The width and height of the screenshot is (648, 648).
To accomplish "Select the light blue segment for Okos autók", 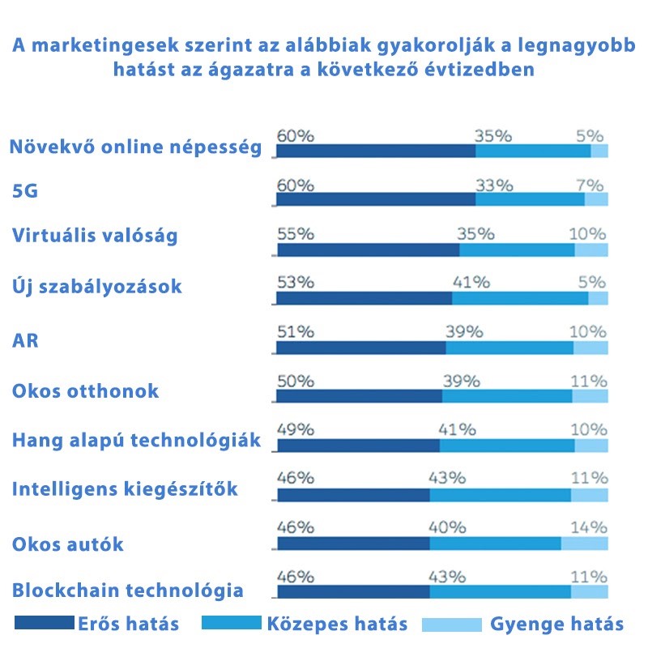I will pyautogui.click(x=584, y=543).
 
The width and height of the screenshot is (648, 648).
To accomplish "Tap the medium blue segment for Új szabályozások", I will pyautogui.click(x=519, y=298).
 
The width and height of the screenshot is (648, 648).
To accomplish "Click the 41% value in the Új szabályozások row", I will pyautogui.click(x=471, y=283).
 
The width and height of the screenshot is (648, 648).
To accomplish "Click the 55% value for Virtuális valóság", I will pyautogui.click(x=295, y=234).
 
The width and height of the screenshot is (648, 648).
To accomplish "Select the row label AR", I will pyautogui.click(x=26, y=339).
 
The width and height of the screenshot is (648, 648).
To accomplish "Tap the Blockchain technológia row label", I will pyautogui.click(x=128, y=590).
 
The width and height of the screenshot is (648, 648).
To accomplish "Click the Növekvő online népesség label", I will pyautogui.click(x=135, y=147).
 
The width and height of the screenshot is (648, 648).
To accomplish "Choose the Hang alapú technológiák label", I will pyautogui.click(x=136, y=440).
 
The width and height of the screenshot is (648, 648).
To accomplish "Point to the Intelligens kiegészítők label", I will pyautogui.click(x=125, y=489).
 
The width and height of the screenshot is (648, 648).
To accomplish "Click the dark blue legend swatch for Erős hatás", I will pyautogui.click(x=44, y=623).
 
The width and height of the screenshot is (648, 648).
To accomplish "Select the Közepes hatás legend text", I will pyautogui.click(x=337, y=624).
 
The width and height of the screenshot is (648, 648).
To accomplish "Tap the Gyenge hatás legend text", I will pyautogui.click(x=556, y=624).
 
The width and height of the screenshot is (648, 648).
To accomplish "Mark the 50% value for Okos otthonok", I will pyautogui.click(x=295, y=381).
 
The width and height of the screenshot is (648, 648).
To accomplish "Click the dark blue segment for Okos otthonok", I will pyautogui.click(x=359, y=396).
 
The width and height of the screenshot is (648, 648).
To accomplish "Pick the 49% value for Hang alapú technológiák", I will pyautogui.click(x=295, y=428).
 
